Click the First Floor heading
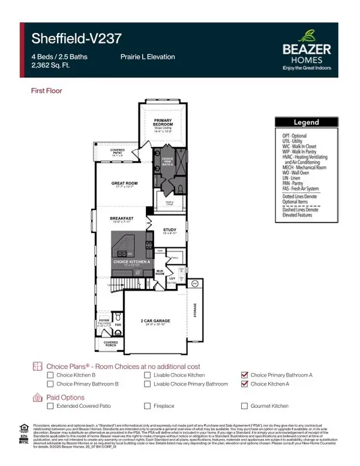click(x=46, y=91)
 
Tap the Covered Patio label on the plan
click(x=118, y=151)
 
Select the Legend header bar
click(x=305, y=122)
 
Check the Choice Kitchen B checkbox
click(x=51, y=375)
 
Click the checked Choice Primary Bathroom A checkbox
click(x=244, y=375)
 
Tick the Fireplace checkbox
click(x=148, y=406)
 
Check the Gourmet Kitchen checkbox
click(x=244, y=406)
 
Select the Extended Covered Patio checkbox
click(x=51, y=406)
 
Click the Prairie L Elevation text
click(x=148, y=57)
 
